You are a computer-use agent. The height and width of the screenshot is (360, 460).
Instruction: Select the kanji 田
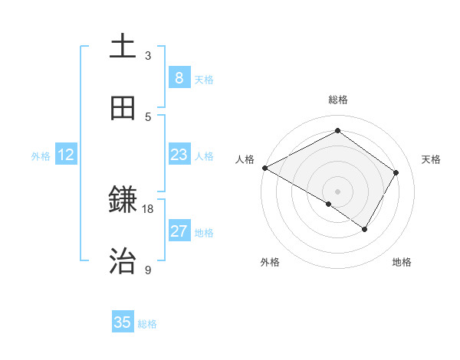[x=123, y=108]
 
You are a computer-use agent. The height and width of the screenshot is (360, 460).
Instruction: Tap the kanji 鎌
[x=123, y=201]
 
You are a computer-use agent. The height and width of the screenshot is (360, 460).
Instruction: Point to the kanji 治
[x=123, y=261]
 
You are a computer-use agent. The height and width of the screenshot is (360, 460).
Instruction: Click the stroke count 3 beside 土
[x=148, y=56]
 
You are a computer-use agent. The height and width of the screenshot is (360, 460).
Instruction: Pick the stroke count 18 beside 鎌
[x=148, y=208]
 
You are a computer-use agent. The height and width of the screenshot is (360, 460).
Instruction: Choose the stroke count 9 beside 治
[x=148, y=270]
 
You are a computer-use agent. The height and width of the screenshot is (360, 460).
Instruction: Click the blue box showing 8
[x=179, y=77]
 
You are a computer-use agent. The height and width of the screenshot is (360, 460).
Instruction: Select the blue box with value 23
[x=179, y=155]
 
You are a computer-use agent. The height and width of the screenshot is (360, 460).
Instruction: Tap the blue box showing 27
[x=179, y=231]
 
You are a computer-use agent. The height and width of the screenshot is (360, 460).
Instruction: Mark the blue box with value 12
[x=66, y=155]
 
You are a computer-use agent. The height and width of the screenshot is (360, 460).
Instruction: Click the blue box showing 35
[x=123, y=322]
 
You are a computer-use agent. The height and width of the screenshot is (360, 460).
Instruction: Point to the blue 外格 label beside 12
[x=41, y=156]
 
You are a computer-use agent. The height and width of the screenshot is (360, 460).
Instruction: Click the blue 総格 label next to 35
[x=147, y=324]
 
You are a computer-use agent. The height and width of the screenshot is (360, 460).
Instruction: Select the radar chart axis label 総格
[x=338, y=100]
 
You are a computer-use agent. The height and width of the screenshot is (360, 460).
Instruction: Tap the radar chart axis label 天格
[x=431, y=159]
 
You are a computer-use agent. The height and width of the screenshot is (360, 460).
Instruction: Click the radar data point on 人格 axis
[x=264, y=168]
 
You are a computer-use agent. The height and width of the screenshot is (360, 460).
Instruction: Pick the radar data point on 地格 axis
[x=365, y=229]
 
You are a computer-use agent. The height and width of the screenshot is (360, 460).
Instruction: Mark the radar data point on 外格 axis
[x=329, y=204]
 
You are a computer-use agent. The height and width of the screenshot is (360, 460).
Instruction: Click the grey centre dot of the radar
[x=338, y=191]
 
